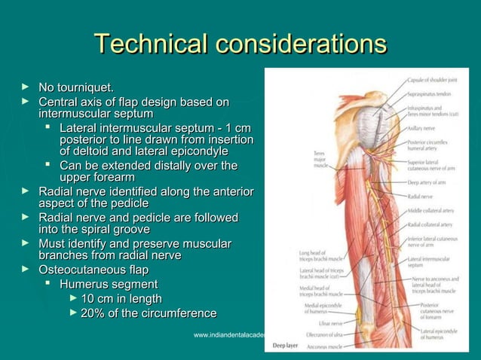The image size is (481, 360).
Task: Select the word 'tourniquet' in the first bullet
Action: [x=88, y=91]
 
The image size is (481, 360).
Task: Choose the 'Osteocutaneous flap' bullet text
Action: [x=93, y=270]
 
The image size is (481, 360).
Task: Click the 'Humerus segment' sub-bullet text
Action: [x=109, y=284]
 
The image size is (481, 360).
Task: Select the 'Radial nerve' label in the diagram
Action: [x=420, y=196]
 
